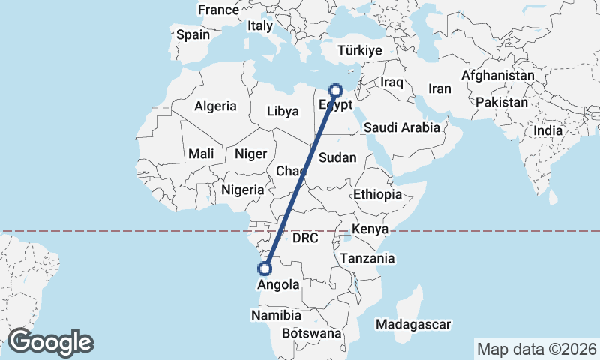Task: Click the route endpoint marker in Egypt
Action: (x=336, y=89)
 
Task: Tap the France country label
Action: (x=217, y=10)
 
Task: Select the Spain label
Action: (x=193, y=34)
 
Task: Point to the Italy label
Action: (x=260, y=25)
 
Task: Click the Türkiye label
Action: (x=360, y=50)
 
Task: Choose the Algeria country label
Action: (x=215, y=106)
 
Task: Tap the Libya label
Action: (x=283, y=112)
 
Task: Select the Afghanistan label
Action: (x=498, y=76)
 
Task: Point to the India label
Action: (x=547, y=130)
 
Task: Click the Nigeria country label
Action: (x=243, y=190)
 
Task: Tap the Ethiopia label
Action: (x=378, y=194)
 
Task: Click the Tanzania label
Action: (x=367, y=258)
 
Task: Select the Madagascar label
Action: (x=414, y=324)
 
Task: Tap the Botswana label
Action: (x=312, y=332)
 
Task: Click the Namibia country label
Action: (x=277, y=315)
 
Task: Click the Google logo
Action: (x=50, y=342)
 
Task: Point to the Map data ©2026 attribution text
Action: (x=536, y=349)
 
